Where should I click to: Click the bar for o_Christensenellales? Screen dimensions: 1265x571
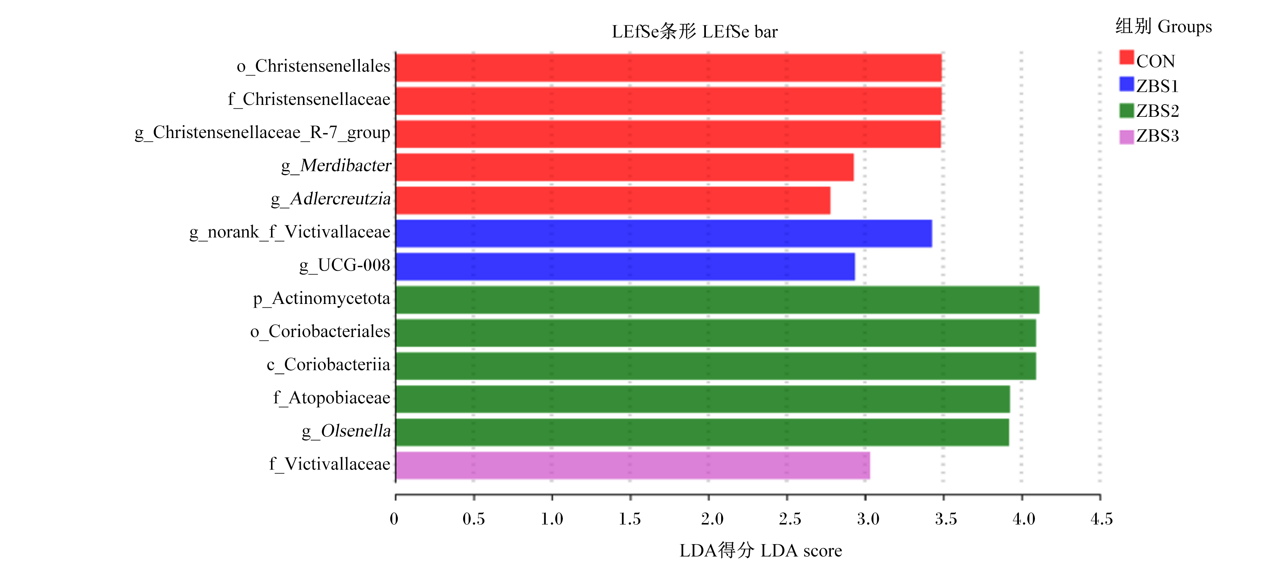(668, 68)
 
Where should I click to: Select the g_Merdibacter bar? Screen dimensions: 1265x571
(625, 167)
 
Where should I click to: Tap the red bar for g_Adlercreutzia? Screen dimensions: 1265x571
(613, 201)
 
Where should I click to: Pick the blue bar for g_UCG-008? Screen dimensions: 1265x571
(625, 267)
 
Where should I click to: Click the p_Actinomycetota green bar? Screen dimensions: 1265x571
(717, 300)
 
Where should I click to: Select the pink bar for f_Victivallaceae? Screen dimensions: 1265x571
(633, 465)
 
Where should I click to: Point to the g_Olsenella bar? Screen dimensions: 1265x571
(702, 432)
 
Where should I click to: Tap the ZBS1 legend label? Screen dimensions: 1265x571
(1158, 86)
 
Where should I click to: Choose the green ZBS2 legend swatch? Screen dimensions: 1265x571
(1126, 110)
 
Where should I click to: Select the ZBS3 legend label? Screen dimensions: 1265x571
(1158, 136)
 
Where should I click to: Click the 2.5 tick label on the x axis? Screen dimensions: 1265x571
(790, 519)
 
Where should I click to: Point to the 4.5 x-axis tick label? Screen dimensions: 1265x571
(1101, 519)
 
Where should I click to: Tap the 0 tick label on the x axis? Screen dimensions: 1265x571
(394, 519)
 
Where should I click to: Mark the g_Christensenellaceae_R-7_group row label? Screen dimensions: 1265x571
(262, 133)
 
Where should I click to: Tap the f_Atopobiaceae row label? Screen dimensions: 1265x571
(332, 398)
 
